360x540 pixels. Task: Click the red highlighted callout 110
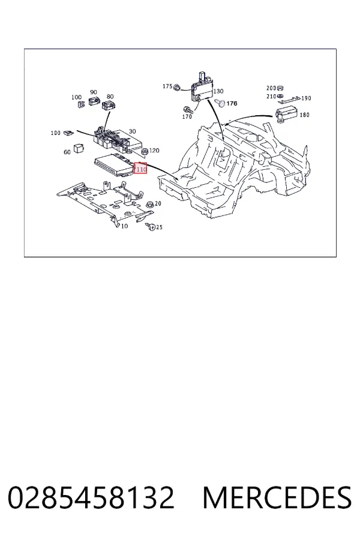[140, 168]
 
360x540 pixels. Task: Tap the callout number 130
[218, 91]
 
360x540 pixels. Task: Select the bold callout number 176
[232, 103]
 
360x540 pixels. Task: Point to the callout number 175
[167, 86]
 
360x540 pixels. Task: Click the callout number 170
[187, 117]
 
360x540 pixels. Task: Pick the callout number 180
[305, 115]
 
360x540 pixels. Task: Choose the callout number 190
[306, 98]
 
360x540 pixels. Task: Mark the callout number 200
[271, 88]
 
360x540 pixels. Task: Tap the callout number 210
[271, 97]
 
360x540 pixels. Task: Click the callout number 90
[94, 92]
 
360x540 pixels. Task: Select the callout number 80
[110, 97]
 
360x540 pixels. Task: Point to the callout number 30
[132, 131]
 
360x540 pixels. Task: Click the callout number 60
[67, 152]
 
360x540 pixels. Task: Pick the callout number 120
[154, 151]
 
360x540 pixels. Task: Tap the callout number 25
[159, 227]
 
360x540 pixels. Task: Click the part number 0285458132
[91, 497]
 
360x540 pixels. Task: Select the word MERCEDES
[277, 497]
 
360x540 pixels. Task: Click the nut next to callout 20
[150, 205]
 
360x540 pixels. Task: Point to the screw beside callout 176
[220, 103]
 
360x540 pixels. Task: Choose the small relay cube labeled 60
[79, 149]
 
